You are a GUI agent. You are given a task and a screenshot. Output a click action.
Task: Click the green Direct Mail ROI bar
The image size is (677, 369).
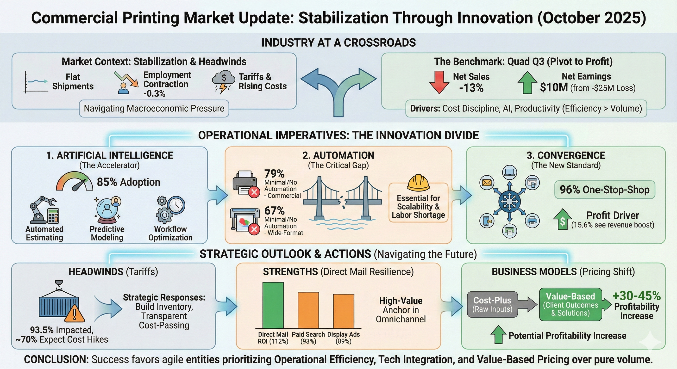click(273, 305)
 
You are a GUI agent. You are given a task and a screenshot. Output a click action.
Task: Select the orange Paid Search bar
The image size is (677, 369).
click(308, 310)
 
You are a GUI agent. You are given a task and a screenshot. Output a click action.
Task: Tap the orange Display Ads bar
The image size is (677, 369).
click(344, 311)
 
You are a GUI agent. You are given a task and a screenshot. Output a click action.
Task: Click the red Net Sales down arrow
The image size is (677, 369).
click(439, 82)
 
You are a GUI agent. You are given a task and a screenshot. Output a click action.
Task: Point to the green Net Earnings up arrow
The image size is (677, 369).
click(527, 82)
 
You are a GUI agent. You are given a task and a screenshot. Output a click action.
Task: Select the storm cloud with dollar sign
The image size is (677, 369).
click(223, 81)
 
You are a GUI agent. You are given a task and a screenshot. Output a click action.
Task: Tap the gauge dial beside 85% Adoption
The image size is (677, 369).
click(74, 181)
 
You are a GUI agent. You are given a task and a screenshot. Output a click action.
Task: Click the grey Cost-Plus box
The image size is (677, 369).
click(492, 304)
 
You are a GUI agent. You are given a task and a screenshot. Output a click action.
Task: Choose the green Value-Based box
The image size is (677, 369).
click(570, 304)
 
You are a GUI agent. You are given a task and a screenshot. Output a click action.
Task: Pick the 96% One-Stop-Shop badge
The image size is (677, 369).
click(604, 190)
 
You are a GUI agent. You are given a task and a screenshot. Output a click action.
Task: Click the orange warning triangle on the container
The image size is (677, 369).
click(75, 314)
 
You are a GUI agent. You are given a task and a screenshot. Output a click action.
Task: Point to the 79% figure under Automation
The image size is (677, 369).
click(274, 174)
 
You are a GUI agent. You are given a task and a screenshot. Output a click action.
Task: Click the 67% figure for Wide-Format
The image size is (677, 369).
click(274, 211)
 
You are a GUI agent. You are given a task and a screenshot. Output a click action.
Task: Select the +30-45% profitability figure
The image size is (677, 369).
click(637, 296)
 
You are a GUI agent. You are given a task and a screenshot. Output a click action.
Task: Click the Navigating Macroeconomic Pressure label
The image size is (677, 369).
click(154, 109)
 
